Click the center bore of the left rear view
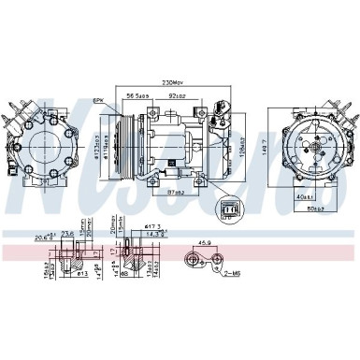(45, 148)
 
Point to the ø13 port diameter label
(81, 277)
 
